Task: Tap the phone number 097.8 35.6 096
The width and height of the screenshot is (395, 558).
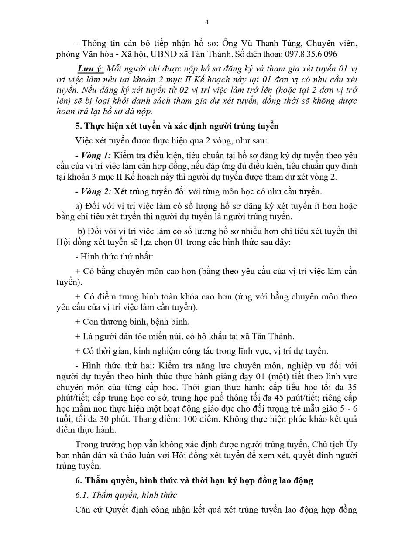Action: [309, 54]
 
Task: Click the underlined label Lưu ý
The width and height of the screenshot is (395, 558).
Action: [88, 69]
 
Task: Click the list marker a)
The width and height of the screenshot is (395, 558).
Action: [79, 206]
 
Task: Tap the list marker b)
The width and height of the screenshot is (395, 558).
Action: [81, 231]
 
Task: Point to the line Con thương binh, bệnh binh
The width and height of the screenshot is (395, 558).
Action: [132, 322]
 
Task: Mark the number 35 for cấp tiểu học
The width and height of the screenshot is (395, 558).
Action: [352, 387]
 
